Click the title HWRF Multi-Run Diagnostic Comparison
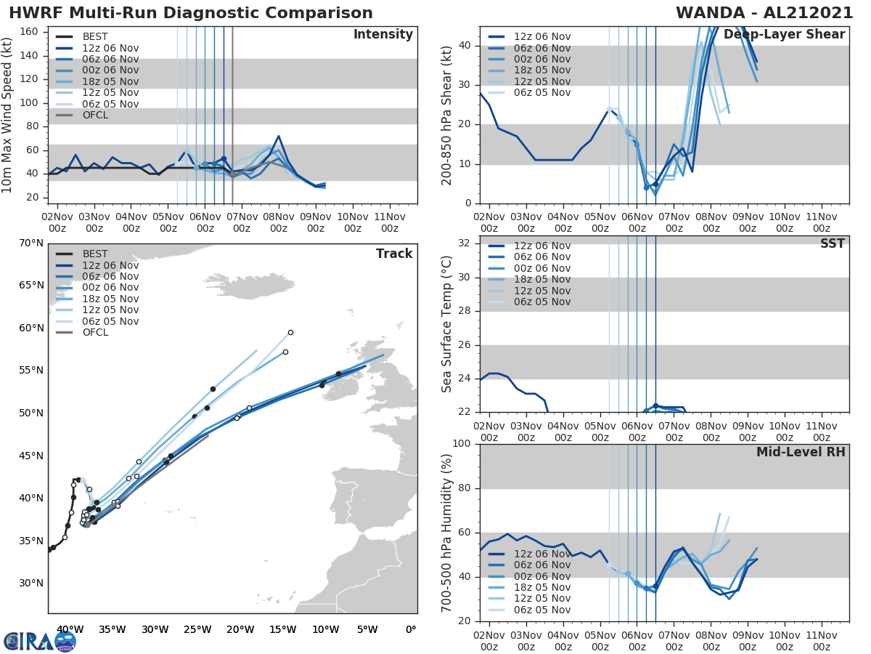coord(191,13)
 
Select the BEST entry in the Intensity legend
coord(95,36)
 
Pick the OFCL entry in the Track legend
coord(95,332)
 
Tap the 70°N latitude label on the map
coord(30,243)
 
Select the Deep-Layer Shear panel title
coord(784,35)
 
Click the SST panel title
coord(833,243)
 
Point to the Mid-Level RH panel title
coord(801,453)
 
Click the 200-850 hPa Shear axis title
coord(447,116)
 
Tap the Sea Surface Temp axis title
coord(447,324)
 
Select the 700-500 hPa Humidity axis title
coord(447,533)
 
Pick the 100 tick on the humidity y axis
coord(462,443)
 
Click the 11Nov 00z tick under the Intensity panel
coord(388,222)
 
